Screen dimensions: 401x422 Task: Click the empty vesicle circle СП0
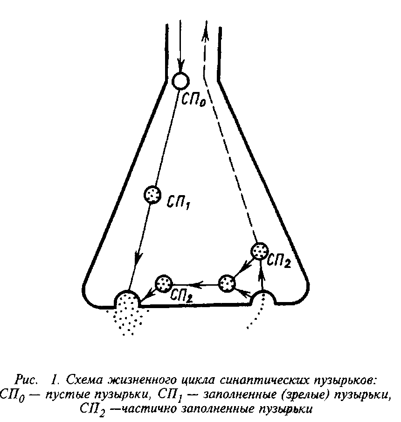180,81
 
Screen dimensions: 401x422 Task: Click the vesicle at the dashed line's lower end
259,251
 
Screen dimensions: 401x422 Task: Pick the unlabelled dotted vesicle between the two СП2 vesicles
227,283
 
